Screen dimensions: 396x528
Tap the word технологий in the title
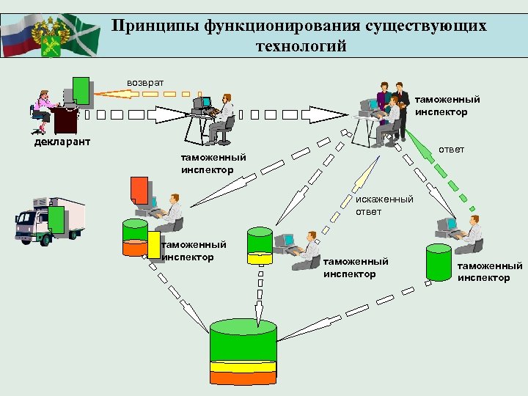301,47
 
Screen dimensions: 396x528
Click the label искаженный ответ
384,205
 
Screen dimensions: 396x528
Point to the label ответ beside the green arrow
451,150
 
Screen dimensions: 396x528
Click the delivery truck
49,219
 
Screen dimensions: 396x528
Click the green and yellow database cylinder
260,245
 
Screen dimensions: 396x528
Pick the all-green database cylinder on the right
439,262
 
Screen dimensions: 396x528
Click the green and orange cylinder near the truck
135,237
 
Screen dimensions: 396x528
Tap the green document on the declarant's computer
81,89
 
